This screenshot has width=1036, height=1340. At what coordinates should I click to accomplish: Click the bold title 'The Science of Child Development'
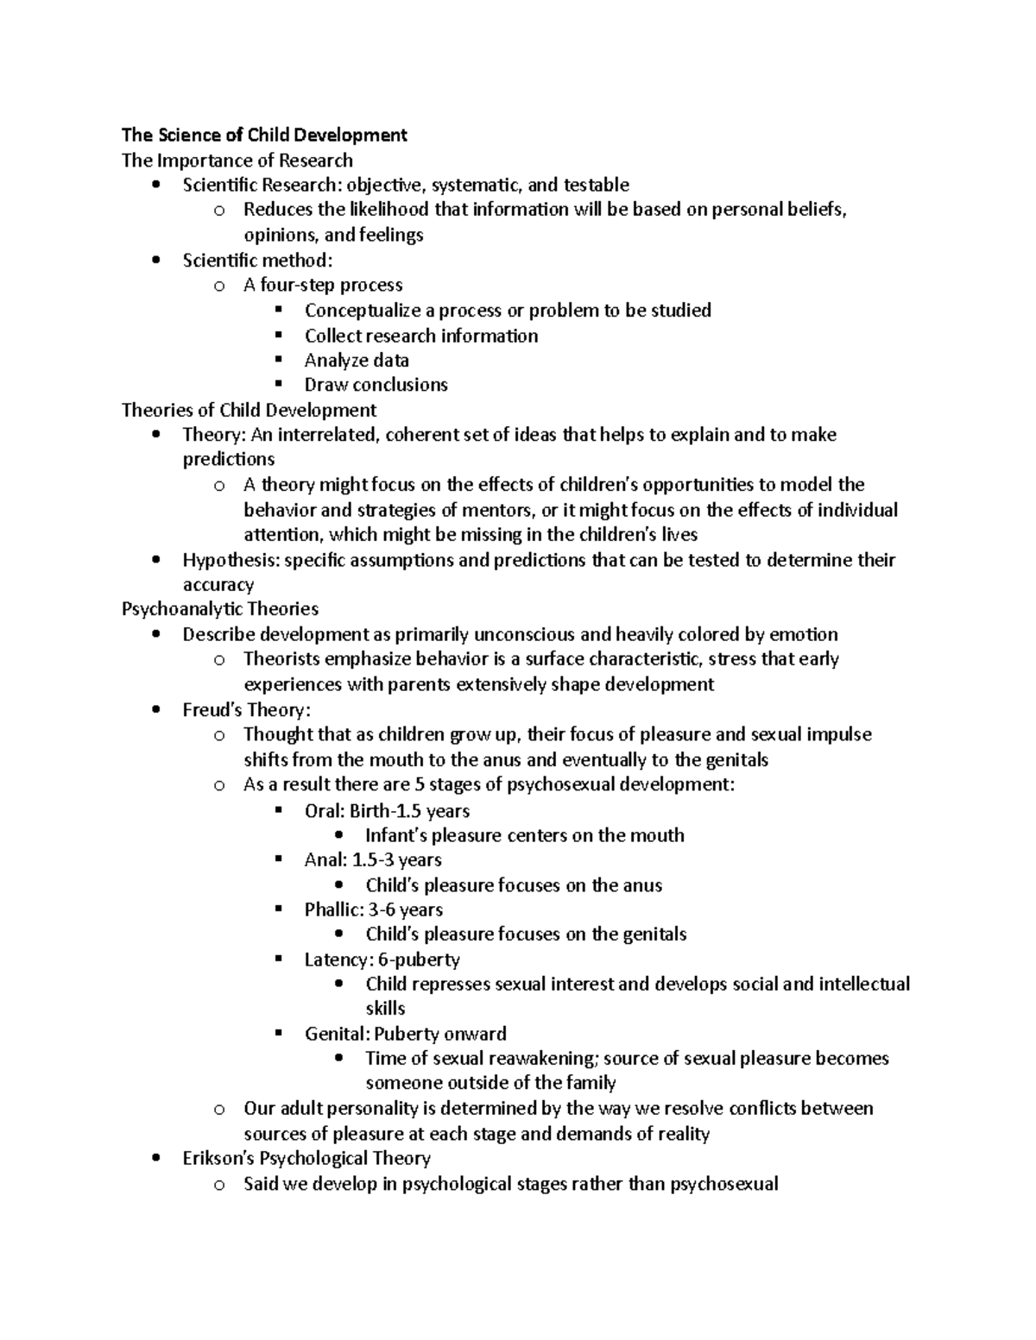coord(264,135)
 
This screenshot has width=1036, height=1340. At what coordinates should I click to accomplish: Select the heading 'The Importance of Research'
coord(237,160)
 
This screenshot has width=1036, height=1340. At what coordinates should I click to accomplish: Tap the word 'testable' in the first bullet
coord(596,185)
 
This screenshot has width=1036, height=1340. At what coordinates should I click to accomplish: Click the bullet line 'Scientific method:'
coord(257,260)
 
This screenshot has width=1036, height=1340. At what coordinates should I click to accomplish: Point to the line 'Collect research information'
coord(420,336)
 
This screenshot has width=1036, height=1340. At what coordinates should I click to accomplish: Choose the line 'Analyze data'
coord(356,360)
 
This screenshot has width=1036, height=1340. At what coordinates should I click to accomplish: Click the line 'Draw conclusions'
coord(376,385)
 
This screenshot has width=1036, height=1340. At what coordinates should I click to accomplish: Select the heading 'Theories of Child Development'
coord(249,410)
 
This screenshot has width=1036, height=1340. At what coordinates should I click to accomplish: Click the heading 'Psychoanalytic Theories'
coord(220,609)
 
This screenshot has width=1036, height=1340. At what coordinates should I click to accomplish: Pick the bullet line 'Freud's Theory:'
coord(246,710)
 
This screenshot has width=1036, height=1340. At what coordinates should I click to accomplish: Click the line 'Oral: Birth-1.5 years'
coord(387,811)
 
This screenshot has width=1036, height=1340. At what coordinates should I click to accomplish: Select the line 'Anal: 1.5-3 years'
coord(372,860)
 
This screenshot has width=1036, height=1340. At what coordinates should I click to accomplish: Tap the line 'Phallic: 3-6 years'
coord(373,909)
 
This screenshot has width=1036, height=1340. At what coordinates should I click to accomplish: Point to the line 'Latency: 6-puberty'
coord(382,959)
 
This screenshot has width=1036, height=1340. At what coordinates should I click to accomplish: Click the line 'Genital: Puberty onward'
coord(405,1034)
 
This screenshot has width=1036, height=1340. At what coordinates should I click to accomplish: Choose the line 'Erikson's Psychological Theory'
coord(306,1158)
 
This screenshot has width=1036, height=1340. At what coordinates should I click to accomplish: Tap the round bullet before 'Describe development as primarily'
coord(155,635)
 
